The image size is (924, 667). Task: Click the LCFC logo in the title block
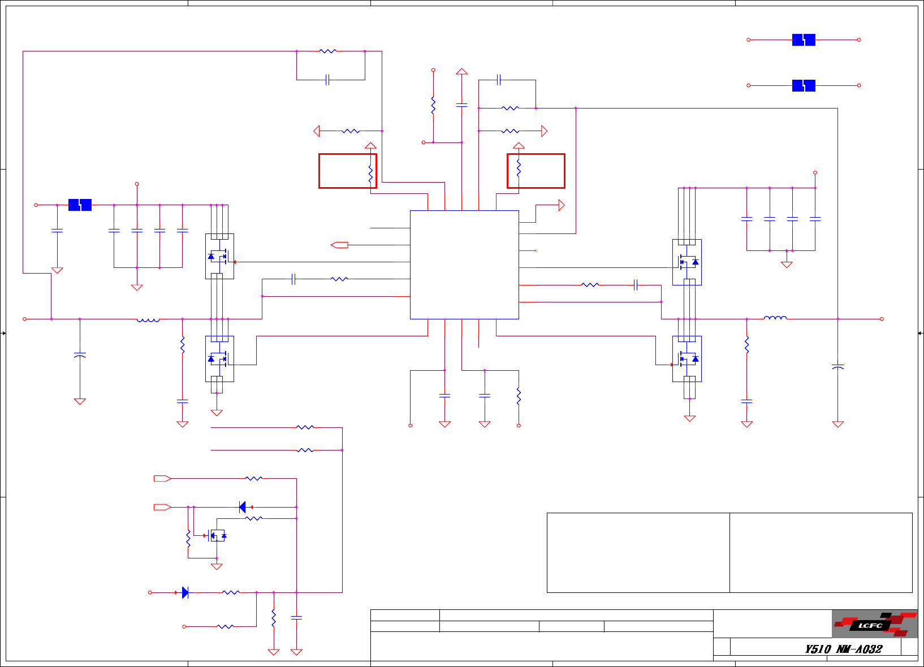874,624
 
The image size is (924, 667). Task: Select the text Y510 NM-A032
843,649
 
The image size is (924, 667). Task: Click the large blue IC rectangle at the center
464,265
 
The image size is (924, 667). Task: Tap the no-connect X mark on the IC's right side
536,250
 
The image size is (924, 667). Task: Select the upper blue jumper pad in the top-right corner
804,40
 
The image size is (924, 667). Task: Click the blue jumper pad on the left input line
80,205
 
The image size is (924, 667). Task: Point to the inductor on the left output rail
148,320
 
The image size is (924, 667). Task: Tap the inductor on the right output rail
775,318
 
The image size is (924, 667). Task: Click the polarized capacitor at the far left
80,355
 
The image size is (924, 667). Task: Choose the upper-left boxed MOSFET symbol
219,256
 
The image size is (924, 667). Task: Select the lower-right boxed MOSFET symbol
687,359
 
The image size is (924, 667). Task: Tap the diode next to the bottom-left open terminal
185,592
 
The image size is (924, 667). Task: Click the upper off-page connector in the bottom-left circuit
162,478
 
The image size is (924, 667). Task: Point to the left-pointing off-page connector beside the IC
339,245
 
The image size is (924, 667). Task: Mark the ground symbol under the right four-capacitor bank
787,264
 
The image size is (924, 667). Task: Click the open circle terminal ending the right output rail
882,319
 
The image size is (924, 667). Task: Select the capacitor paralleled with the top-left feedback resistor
327,80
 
